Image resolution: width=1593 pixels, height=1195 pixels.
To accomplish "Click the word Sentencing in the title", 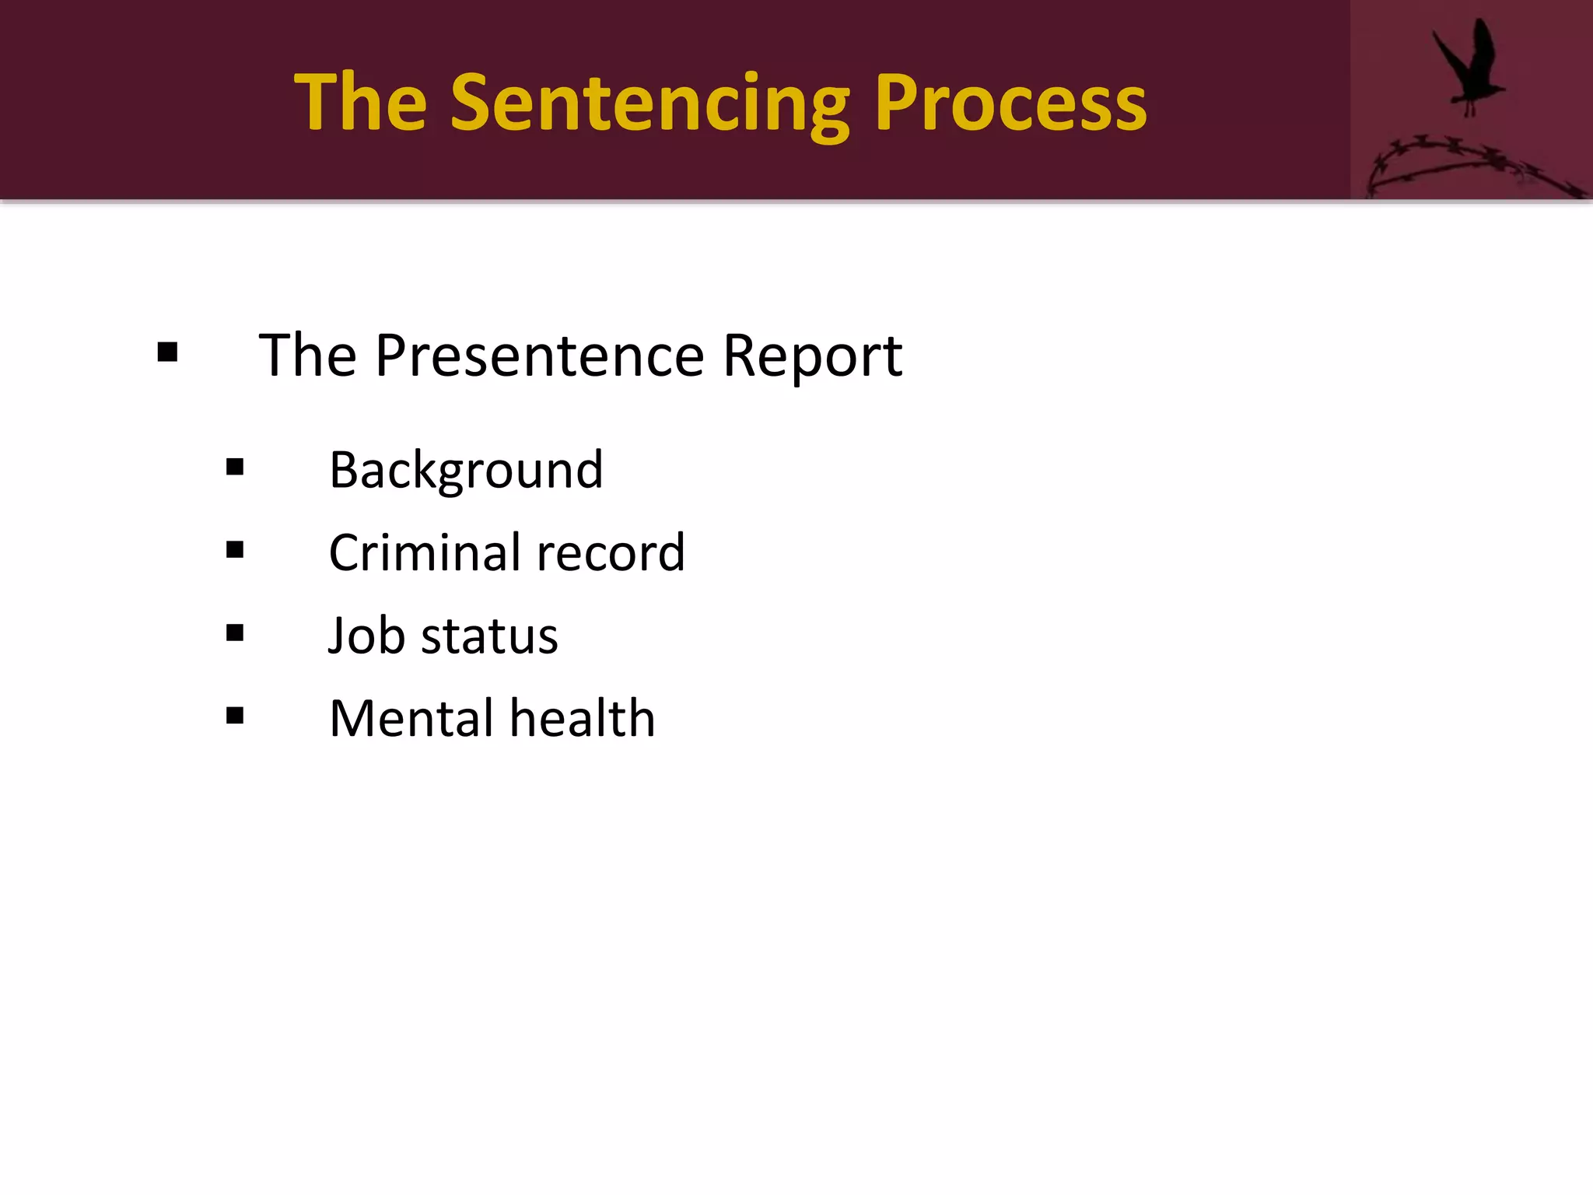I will tap(649, 103).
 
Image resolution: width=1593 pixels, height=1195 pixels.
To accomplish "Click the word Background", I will tap(466, 471).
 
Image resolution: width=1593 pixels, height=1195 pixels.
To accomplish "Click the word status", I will tap(489, 636).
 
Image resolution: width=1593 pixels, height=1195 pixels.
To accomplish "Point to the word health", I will tap(583, 717).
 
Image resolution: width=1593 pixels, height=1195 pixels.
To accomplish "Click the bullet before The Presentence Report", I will tap(167, 353).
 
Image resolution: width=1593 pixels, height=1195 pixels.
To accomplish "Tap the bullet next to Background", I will tap(235, 467).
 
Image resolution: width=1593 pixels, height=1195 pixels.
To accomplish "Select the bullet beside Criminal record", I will tap(235, 550).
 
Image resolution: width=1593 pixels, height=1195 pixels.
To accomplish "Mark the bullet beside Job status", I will tap(235, 633).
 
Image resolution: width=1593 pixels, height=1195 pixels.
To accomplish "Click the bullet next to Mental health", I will tap(235, 715).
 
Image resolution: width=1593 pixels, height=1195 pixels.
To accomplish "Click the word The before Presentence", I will tap(307, 356).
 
